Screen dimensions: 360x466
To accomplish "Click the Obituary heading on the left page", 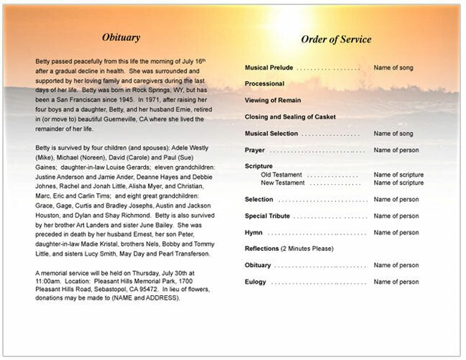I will (121, 37).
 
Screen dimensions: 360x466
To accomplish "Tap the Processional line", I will (265, 84).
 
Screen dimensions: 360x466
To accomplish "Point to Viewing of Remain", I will (272, 100).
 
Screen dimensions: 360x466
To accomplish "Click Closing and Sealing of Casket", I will (289, 116).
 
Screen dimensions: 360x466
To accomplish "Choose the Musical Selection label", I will (271, 133).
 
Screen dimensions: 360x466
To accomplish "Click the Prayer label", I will (255, 149).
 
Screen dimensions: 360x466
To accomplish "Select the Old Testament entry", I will (283, 175).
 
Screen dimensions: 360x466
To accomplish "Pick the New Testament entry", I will (283, 183).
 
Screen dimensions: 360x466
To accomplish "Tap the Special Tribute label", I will (267, 216).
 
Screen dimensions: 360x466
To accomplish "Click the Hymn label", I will (253, 232).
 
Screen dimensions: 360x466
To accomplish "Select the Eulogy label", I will (255, 282).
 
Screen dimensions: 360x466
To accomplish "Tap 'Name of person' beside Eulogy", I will (396, 282).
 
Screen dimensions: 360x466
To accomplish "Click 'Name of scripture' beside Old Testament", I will (398, 175).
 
